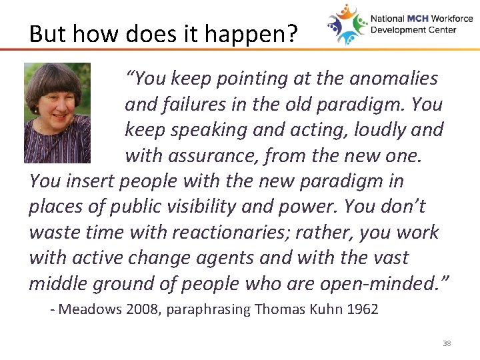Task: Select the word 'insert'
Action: (x=93, y=181)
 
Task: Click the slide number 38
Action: (x=447, y=343)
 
